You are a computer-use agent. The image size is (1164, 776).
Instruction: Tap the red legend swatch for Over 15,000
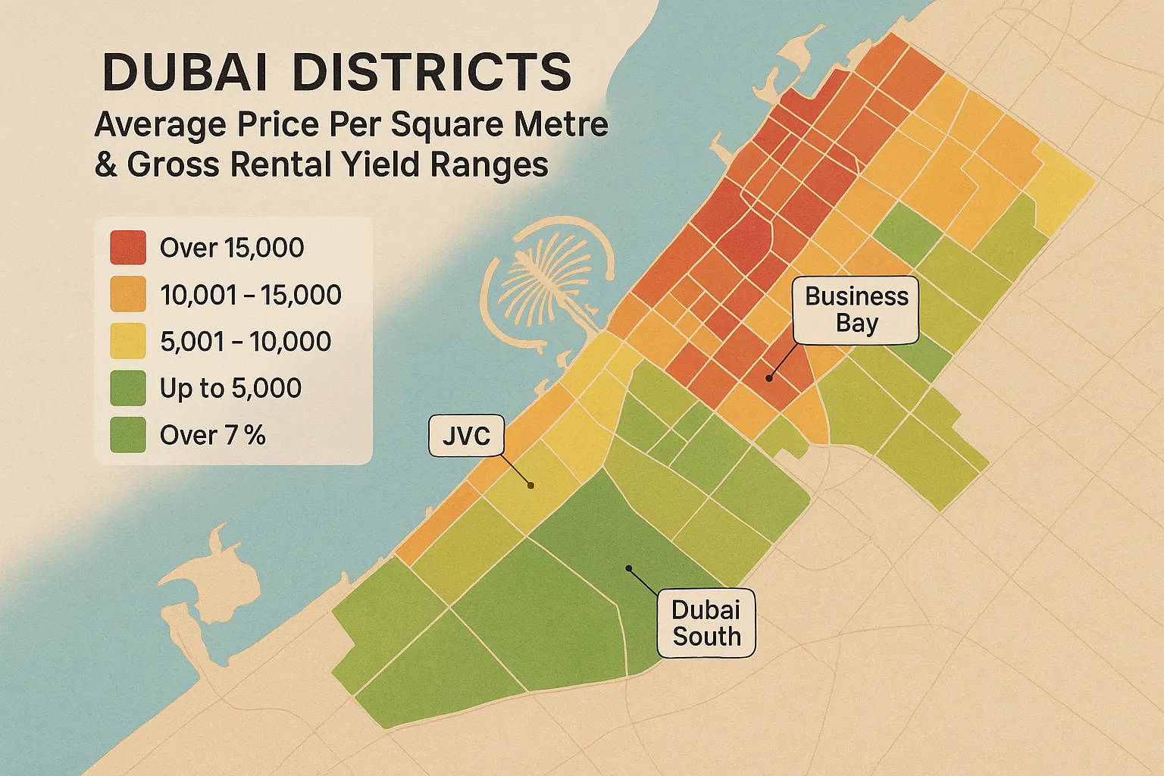127,248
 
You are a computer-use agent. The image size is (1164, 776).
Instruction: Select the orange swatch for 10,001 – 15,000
127,295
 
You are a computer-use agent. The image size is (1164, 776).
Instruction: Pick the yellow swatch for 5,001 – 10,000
127,342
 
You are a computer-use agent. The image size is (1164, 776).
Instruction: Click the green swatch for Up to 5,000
127,389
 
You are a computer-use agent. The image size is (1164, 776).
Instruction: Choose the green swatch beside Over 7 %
127,436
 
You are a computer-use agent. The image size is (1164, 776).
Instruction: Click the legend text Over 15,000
232,248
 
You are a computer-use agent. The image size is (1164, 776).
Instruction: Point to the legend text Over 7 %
212,436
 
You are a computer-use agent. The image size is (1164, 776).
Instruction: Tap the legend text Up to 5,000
230,389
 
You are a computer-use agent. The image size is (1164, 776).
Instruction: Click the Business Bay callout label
856,309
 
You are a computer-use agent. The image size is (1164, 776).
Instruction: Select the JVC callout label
466,436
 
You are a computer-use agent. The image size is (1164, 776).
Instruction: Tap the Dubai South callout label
706,623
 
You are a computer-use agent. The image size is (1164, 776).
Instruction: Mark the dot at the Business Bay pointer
768,377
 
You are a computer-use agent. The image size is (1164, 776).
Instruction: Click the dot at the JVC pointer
531,486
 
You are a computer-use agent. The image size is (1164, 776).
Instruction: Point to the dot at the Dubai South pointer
628,568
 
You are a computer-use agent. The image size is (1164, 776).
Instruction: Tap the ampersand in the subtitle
106,164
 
